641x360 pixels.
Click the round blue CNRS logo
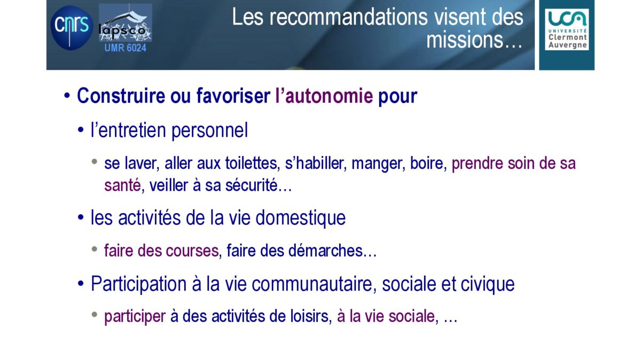(72, 28)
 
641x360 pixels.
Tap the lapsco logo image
(126, 22)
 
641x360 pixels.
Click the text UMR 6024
(126, 48)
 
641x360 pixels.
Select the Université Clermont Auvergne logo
(567, 29)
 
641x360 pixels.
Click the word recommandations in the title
(349, 17)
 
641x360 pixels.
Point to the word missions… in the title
(474, 40)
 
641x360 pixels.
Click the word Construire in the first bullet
(121, 96)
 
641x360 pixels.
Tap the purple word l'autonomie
(324, 96)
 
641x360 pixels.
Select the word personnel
(209, 130)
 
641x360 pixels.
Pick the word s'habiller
(316, 163)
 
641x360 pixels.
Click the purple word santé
(122, 185)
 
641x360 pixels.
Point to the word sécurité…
(259, 185)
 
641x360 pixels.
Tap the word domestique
(300, 218)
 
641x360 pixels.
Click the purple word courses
(192, 251)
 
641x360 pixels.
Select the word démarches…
(332, 251)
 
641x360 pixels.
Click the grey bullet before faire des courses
(95, 249)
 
